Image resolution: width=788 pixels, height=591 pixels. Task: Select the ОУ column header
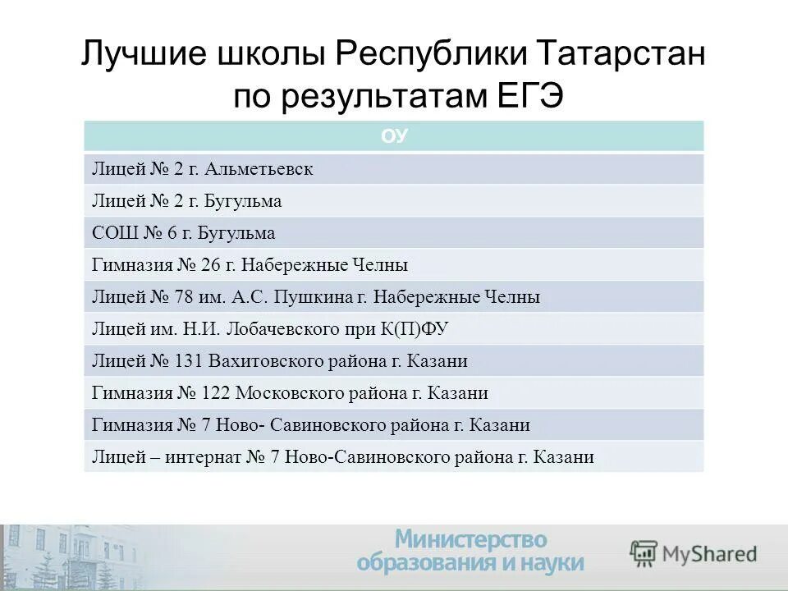click(x=394, y=136)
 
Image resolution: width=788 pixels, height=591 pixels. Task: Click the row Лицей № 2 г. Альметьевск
click(x=202, y=169)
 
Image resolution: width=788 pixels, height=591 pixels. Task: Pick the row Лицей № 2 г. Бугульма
click(x=186, y=201)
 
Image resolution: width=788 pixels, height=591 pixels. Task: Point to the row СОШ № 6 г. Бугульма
click(x=183, y=233)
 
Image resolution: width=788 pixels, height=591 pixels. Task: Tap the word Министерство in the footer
click(x=470, y=539)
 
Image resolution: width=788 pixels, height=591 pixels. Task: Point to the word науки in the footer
click(x=552, y=563)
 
